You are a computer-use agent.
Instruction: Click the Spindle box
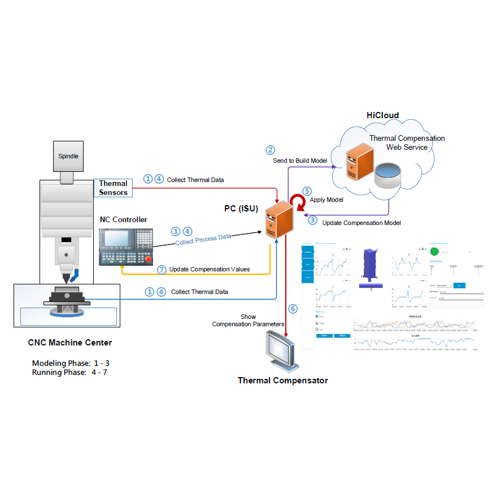[68, 156]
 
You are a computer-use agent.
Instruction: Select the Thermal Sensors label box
[113, 188]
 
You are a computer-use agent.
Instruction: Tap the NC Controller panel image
[126, 247]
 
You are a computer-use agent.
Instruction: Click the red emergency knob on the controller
[148, 260]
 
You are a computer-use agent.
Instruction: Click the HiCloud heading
[382, 115]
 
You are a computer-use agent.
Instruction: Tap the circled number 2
[271, 150]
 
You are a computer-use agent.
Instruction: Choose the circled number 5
[307, 192]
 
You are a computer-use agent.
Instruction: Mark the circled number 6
[293, 309]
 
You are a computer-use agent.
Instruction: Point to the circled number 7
[162, 269]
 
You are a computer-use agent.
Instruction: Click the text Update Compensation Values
[210, 269]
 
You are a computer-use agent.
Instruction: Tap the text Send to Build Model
[300, 161]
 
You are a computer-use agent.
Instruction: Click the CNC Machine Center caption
[70, 342]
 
